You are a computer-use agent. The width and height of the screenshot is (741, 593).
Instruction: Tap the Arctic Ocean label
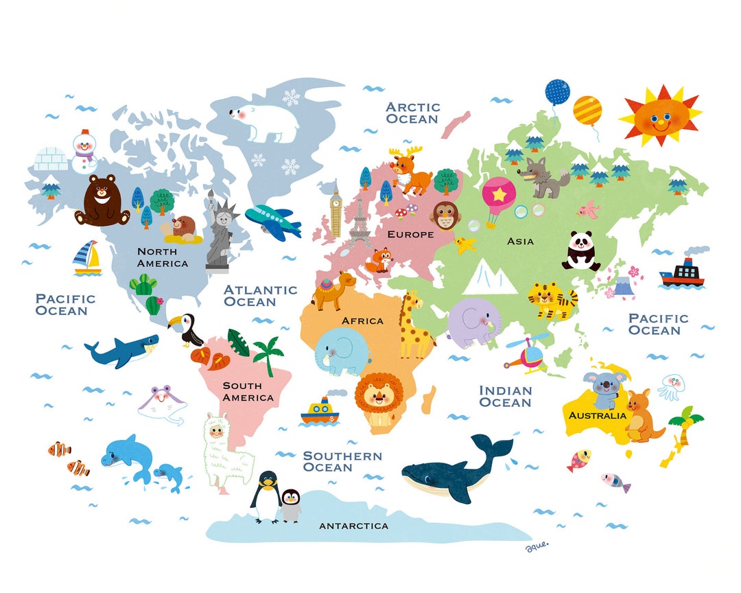point(412,113)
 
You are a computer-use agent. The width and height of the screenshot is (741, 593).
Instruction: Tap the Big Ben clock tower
point(336,209)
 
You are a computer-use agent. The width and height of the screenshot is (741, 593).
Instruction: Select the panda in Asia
point(580,251)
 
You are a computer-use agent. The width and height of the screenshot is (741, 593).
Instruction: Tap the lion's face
point(379,397)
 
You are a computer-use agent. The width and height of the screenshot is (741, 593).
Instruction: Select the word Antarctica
point(354,526)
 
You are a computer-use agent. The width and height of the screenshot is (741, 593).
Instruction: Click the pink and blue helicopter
point(527,355)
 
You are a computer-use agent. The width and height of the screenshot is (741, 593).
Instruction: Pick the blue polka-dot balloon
point(556,92)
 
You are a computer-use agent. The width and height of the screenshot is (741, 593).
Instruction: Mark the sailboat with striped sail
point(87,258)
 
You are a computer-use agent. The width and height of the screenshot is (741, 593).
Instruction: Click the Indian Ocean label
point(505,396)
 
